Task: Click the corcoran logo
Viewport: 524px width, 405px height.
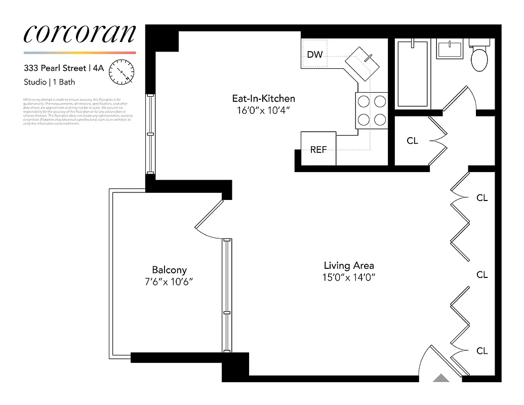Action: (79, 33)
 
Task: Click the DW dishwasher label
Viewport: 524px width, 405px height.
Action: (314, 54)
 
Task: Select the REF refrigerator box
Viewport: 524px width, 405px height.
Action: (318, 149)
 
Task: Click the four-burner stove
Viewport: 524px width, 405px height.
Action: (371, 110)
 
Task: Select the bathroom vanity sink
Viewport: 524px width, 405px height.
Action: (450, 50)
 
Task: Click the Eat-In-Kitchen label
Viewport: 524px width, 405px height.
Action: (263, 99)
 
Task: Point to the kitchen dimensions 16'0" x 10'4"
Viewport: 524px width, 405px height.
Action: (263, 110)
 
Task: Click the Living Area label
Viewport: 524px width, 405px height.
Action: (349, 265)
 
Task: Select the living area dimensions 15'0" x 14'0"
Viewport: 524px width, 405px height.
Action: (349, 277)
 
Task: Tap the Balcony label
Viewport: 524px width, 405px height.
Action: (169, 270)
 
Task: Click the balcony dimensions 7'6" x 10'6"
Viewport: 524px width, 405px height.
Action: (169, 281)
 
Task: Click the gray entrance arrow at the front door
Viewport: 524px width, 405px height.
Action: (441, 378)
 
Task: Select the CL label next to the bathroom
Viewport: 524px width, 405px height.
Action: (413, 141)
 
